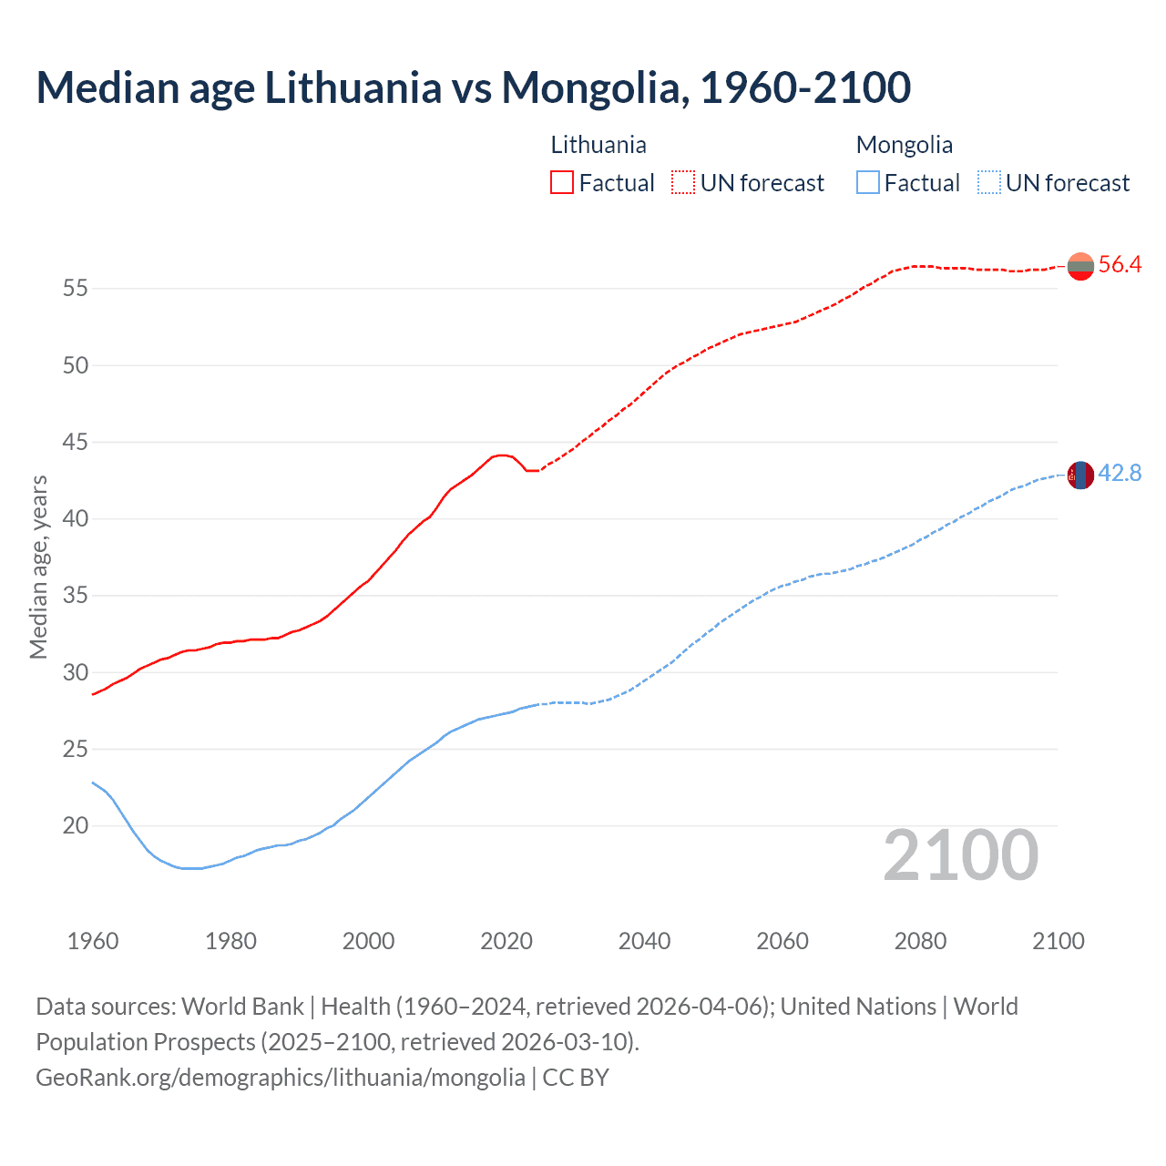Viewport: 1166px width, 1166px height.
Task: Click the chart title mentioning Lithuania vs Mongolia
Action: (x=473, y=87)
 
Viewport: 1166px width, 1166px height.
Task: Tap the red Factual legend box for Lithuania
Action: (x=562, y=182)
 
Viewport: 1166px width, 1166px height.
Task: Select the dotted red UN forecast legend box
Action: (x=683, y=182)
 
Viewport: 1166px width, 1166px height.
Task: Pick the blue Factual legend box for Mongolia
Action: (x=868, y=182)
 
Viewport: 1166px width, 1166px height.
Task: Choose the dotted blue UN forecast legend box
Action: (x=989, y=182)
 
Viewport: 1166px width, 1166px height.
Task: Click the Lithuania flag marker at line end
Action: (x=1080, y=266)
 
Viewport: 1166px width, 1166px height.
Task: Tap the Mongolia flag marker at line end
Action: (x=1080, y=476)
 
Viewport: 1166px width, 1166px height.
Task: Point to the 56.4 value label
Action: (x=1120, y=265)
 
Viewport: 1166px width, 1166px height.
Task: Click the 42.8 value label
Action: (x=1120, y=474)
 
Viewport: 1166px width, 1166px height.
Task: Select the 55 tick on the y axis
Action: (x=76, y=289)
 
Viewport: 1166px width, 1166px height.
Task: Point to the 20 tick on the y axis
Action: (x=76, y=826)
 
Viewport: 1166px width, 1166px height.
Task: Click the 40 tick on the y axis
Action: (x=76, y=519)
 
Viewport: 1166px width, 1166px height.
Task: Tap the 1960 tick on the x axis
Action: (x=93, y=941)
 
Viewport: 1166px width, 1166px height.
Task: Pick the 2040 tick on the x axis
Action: (x=644, y=941)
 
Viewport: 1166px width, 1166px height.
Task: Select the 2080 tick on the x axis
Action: (x=920, y=941)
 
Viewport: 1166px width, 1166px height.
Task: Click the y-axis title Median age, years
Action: (x=38, y=567)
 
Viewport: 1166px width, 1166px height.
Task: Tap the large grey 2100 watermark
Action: (x=961, y=855)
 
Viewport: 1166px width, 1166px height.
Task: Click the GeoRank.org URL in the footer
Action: (x=281, y=1078)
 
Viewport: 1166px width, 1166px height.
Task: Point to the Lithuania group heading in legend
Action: (x=598, y=145)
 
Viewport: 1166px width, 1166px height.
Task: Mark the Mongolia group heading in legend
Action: (x=905, y=145)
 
